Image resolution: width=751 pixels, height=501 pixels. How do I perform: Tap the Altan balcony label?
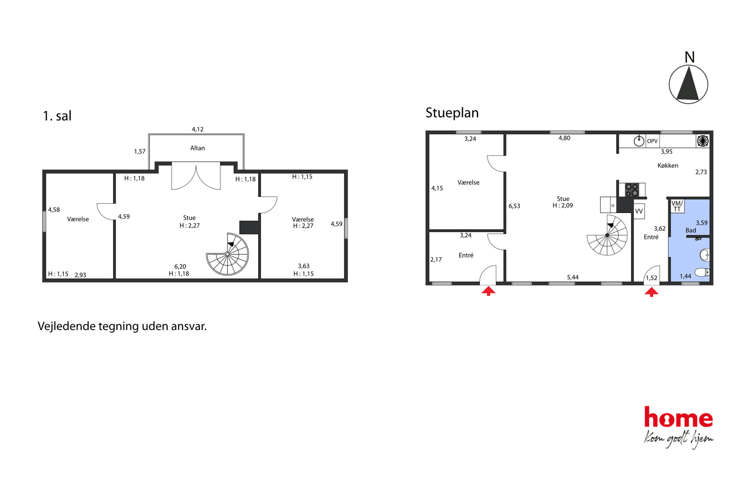(x=197, y=148)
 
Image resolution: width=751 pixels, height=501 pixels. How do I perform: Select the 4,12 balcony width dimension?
(x=197, y=129)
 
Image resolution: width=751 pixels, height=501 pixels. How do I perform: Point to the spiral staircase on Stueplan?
(x=607, y=235)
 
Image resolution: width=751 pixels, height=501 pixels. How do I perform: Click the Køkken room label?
(x=668, y=165)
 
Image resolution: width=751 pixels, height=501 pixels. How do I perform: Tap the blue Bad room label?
(x=690, y=230)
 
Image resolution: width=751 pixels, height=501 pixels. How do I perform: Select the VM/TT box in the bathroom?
(x=677, y=206)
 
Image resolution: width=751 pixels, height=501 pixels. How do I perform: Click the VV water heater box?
(x=639, y=211)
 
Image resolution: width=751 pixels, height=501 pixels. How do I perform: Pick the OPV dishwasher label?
(x=652, y=141)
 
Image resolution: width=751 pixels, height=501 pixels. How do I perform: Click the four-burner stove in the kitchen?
(x=632, y=190)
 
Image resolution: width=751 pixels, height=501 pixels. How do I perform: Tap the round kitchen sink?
(x=639, y=141)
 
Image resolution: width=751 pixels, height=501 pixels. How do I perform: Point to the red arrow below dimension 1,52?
(x=651, y=292)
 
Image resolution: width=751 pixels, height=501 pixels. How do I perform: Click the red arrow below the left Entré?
(x=488, y=291)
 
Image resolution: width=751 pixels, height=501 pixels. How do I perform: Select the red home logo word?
(x=678, y=417)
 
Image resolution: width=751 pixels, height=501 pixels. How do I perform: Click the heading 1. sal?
(x=57, y=116)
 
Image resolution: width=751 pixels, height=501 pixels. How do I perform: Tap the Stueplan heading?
(x=452, y=113)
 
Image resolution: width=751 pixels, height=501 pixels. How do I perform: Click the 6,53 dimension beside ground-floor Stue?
(x=514, y=206)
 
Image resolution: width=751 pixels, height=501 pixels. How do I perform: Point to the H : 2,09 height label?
(x=563, y=206)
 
